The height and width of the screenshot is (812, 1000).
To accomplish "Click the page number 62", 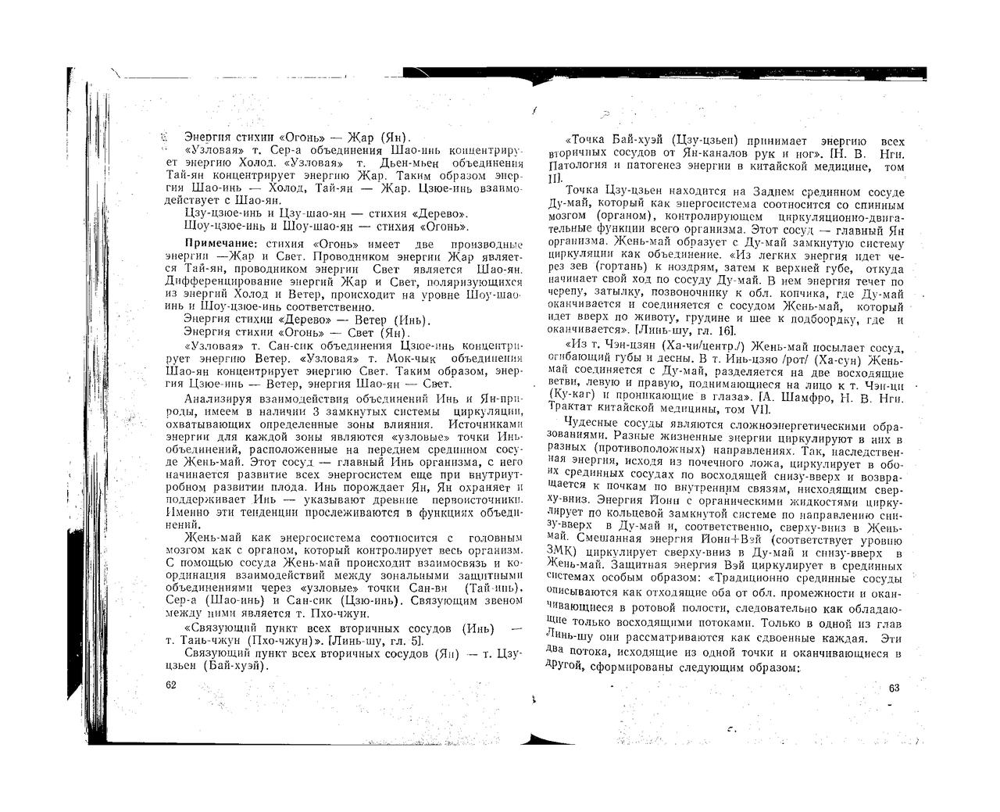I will tap(172, 685).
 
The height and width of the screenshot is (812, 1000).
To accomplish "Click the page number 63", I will tap(895, 688).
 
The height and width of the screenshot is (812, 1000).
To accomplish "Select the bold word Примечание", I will tap(215, 244).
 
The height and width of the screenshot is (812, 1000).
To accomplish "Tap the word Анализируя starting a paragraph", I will tap(219, 399).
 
